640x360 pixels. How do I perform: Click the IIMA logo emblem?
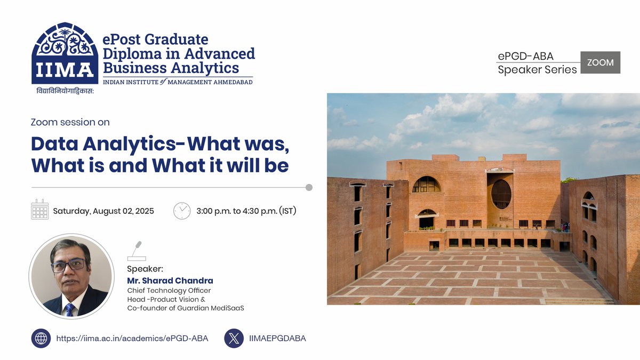65,53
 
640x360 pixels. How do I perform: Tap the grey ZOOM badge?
600,62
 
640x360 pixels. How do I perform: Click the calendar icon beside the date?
40,210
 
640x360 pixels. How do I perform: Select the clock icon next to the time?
182,210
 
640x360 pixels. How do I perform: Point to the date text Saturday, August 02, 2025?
103,211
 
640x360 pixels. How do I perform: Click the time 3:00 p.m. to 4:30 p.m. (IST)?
246,211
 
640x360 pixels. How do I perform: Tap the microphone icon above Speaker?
137,251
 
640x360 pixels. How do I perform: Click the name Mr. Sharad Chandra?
170,281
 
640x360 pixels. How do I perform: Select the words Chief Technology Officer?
169,291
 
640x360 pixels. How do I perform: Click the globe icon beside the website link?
41,338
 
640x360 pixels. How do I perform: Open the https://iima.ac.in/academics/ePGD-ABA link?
132,338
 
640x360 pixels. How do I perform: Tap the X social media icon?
234,338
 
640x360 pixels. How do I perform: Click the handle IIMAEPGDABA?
277,338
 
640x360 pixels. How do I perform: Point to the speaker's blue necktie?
69,309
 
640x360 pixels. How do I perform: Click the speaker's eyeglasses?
68,264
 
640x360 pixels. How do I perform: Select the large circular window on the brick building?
501,194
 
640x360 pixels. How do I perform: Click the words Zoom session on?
70,122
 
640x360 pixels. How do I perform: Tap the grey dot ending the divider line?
309,187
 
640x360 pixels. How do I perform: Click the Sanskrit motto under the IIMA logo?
65,91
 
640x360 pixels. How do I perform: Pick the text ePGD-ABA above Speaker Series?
525,57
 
